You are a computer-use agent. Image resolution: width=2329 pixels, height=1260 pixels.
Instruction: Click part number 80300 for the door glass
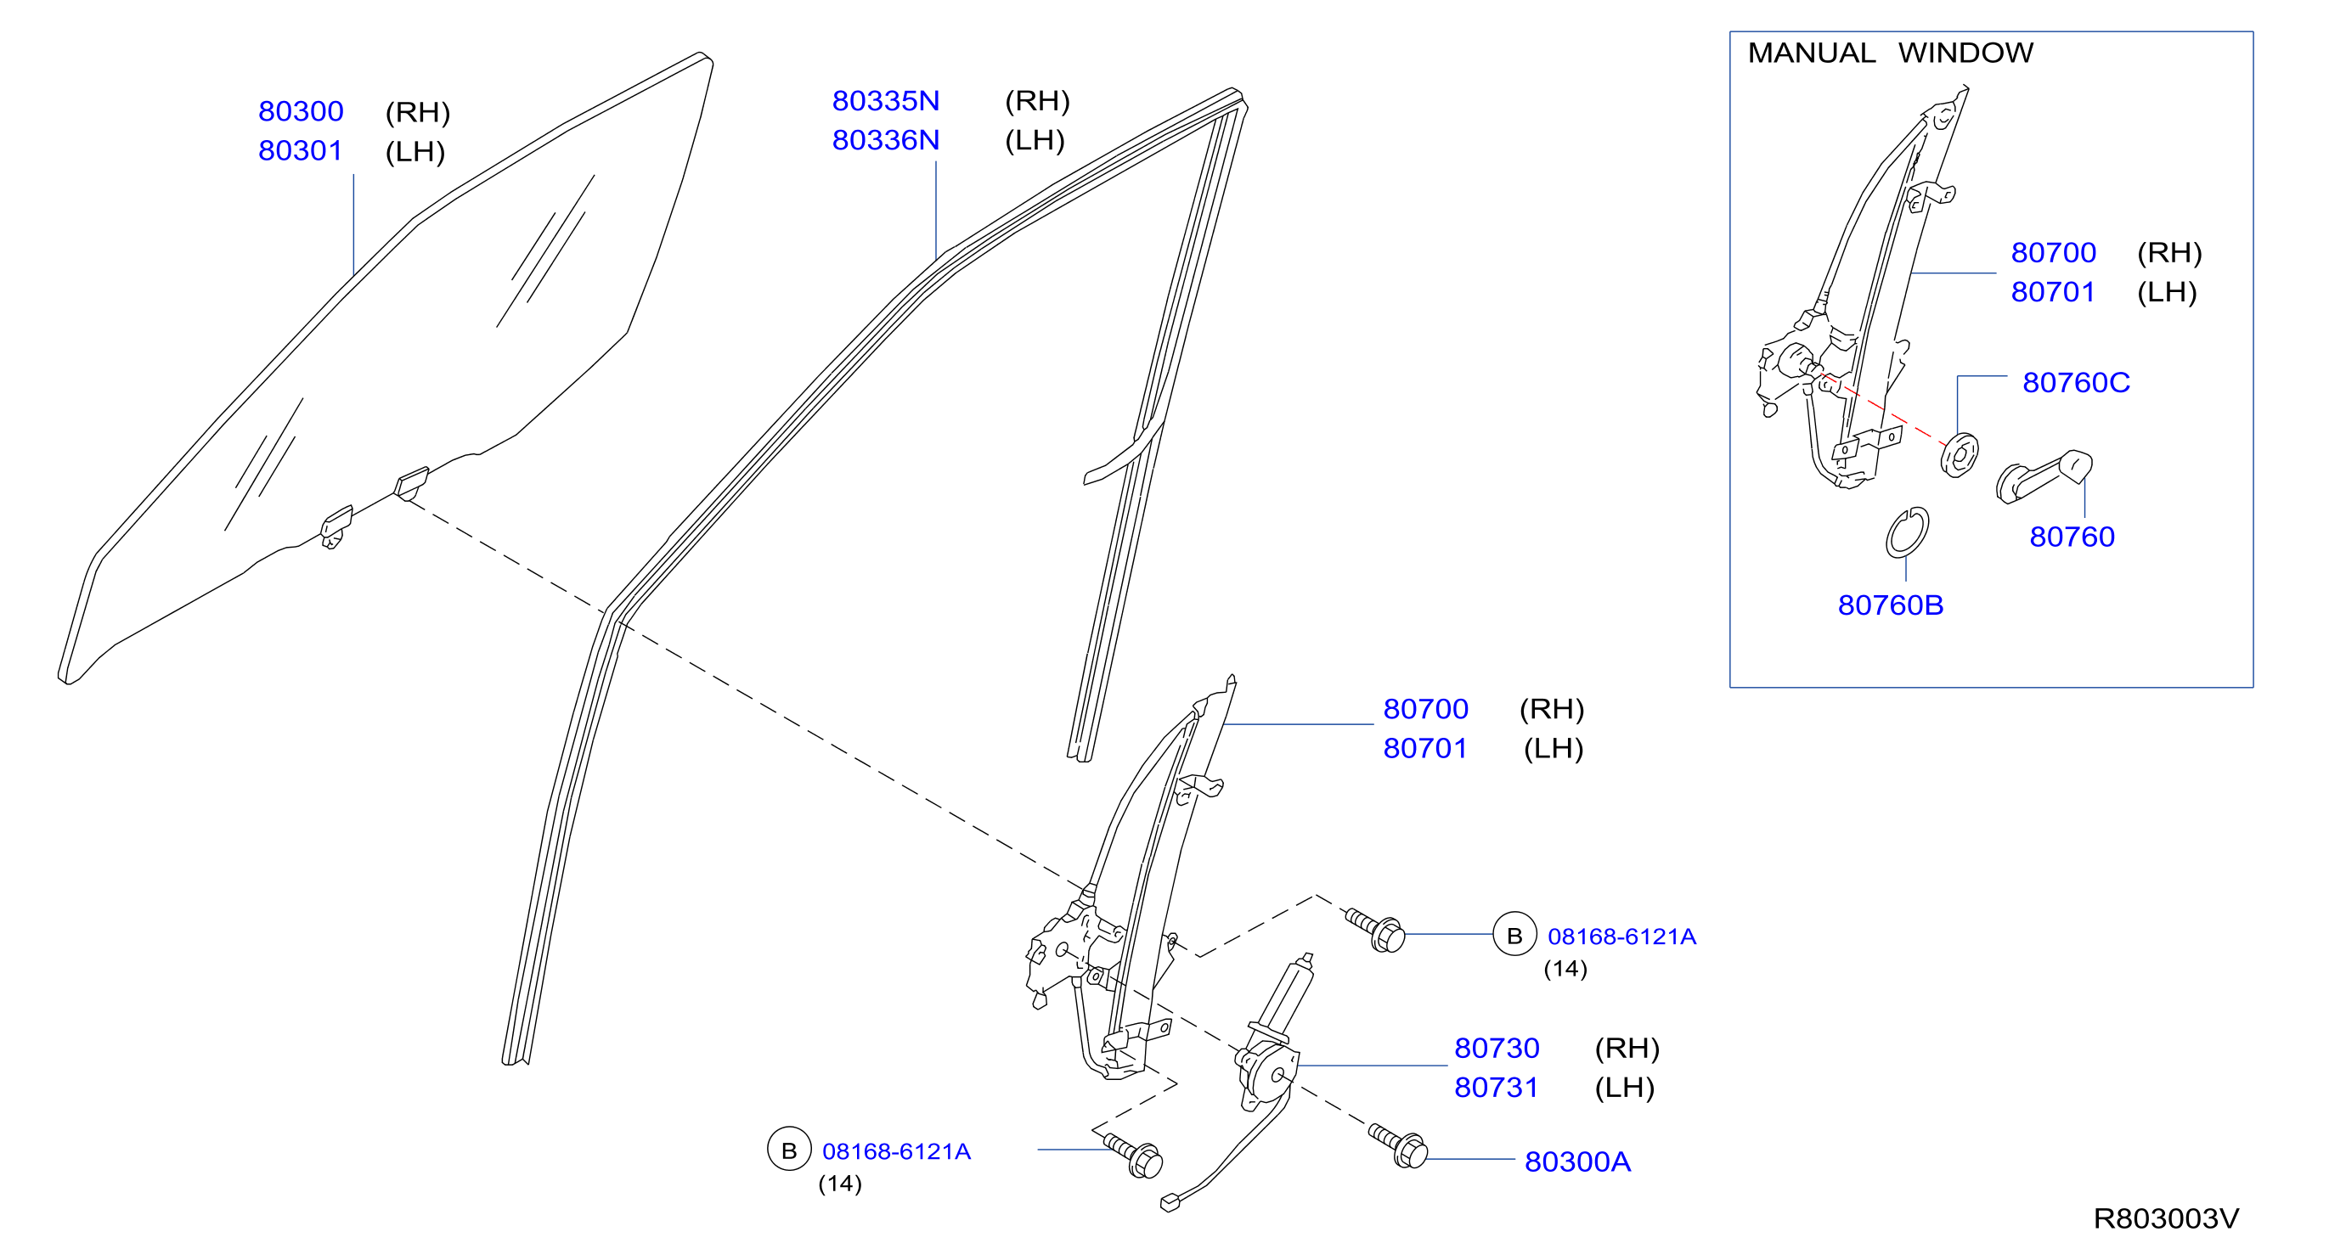300,111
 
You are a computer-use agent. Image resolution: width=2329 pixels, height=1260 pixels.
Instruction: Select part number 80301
300,150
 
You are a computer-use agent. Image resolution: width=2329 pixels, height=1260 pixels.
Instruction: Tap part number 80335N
885,100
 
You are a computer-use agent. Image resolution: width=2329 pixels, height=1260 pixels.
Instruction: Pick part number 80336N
885,140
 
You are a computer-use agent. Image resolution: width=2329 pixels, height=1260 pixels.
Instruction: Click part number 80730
1497,1048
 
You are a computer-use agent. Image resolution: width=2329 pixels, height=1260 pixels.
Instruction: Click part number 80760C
2076,382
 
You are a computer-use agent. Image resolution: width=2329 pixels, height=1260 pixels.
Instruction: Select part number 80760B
1891,605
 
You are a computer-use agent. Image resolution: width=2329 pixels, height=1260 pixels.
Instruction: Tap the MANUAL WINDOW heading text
1890,53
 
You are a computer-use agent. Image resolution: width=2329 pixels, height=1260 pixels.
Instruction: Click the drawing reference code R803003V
2166,1218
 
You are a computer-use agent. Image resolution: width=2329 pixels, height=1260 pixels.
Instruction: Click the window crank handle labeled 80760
2044,476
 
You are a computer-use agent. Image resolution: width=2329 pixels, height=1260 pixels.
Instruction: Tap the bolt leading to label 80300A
1399,1145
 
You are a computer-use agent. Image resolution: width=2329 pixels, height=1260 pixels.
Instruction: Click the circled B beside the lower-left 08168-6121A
788,1149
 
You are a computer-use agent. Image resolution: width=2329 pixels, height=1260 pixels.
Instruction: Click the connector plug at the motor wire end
1170,1202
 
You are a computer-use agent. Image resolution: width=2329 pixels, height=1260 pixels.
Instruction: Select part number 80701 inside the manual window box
2052,292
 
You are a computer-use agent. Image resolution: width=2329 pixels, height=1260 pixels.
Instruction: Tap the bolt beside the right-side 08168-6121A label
1375,930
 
